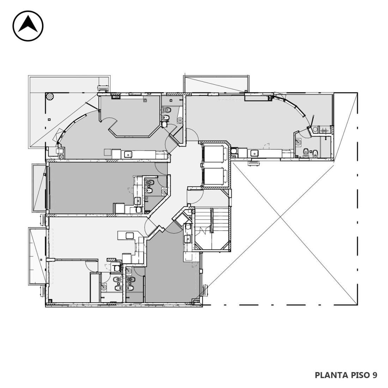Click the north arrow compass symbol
tap(28, 26)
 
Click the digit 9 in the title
tap(374, 375)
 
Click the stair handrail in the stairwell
tap(212, 220)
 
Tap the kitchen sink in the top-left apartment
tap(128, 154)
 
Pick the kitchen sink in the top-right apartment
tap(254, 153)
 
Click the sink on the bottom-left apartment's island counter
tap(130, 235)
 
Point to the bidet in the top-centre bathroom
tap(166, 117)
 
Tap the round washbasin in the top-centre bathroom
tap(180, 120)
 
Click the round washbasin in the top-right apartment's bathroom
tap(299, 142)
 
